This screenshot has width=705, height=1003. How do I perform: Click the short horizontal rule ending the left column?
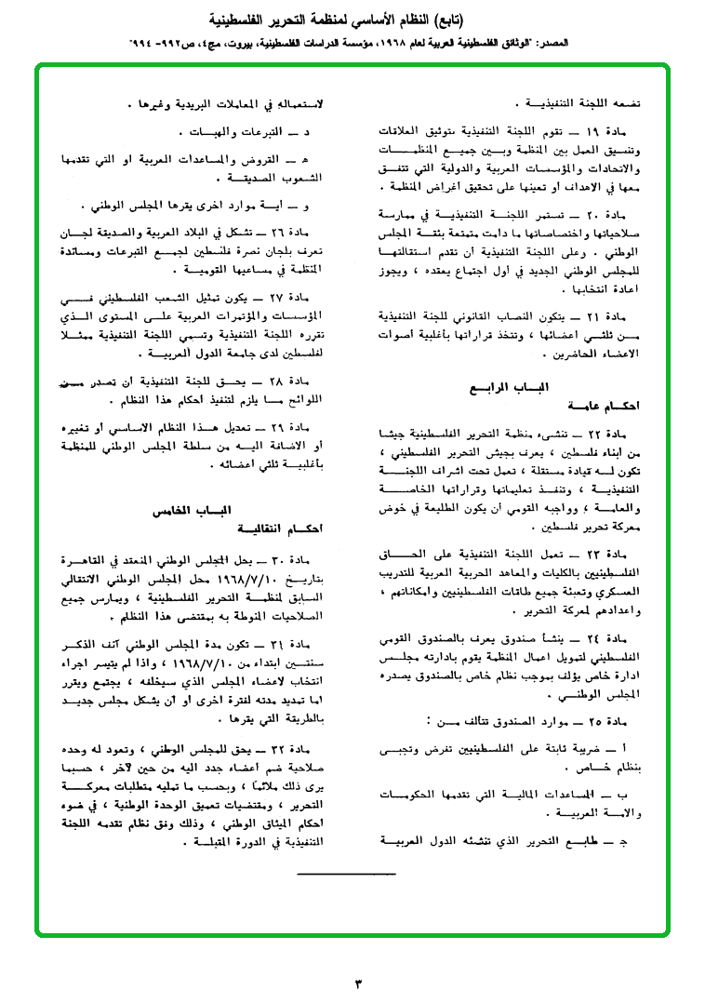(x=346, y=874)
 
